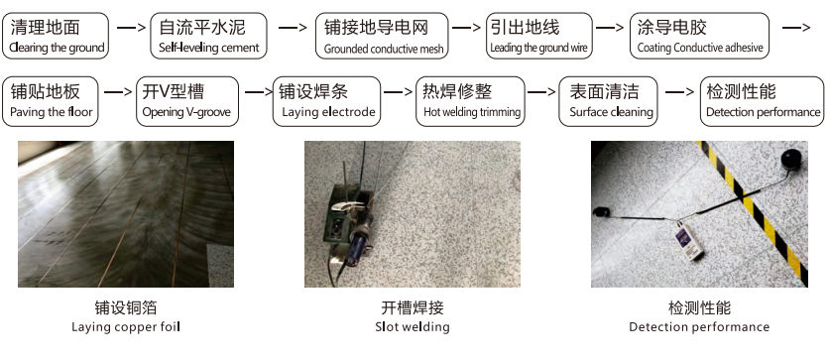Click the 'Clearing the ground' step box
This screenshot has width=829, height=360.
click(x=56, y=36)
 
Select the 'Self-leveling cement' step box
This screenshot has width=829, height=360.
click(x=208, y=36)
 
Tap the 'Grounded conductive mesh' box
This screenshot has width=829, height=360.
click(x=382, y=36)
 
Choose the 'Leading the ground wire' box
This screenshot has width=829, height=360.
click(x=538, y=36)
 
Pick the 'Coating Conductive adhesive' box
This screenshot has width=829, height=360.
click(x=699, y=36)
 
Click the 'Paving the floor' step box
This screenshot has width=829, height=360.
click(x=51, y=101)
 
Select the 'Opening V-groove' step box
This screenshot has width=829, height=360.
click(x=187, y=101)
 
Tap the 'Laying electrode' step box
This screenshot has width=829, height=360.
click(x=326, y=101)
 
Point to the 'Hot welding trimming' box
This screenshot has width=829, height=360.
click(x=471, y=101)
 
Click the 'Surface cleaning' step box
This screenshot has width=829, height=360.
click(x=608, y=101)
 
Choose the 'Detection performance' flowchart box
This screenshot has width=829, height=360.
click(x=762, y=101)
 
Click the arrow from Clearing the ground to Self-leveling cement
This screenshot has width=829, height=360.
click(x=131, y=27)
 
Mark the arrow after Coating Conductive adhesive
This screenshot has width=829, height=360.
click(x=796, y=27)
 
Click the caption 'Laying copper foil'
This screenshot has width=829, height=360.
click(x=126, y=326)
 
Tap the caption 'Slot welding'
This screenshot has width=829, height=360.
click(x=413, y=326)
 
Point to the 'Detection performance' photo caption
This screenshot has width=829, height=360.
click(x=699, y=326)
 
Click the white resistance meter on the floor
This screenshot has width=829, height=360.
click(x=689, y=241)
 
